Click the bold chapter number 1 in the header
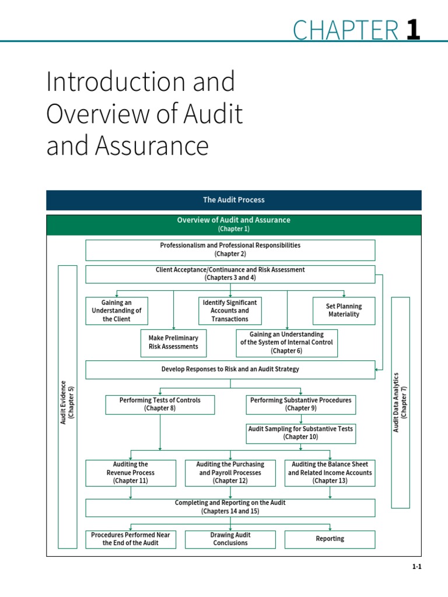click(x=413, y=29)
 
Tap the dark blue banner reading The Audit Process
click(x=233, y=200)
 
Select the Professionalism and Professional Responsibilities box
click(x=230, y=250)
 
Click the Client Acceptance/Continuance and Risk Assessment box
click(x=230, y=274)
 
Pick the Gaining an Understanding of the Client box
click(x=117, y=311)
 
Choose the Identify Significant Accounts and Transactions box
click(x=230, y=311)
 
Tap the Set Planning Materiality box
click(x=344, y=311)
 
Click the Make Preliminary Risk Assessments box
click(x=173, y=342)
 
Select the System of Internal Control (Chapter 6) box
click(x=286, y=343)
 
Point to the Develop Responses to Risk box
click(x=230, y=370)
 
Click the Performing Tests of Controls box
click(x=160, y=405)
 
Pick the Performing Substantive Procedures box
click(x=300, y=405)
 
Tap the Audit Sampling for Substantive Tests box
click(x=300, y=433)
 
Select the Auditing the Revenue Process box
click(x=131, y=473)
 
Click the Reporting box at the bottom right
click(x=330, y=539)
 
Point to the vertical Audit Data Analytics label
click(x=400, y=402)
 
